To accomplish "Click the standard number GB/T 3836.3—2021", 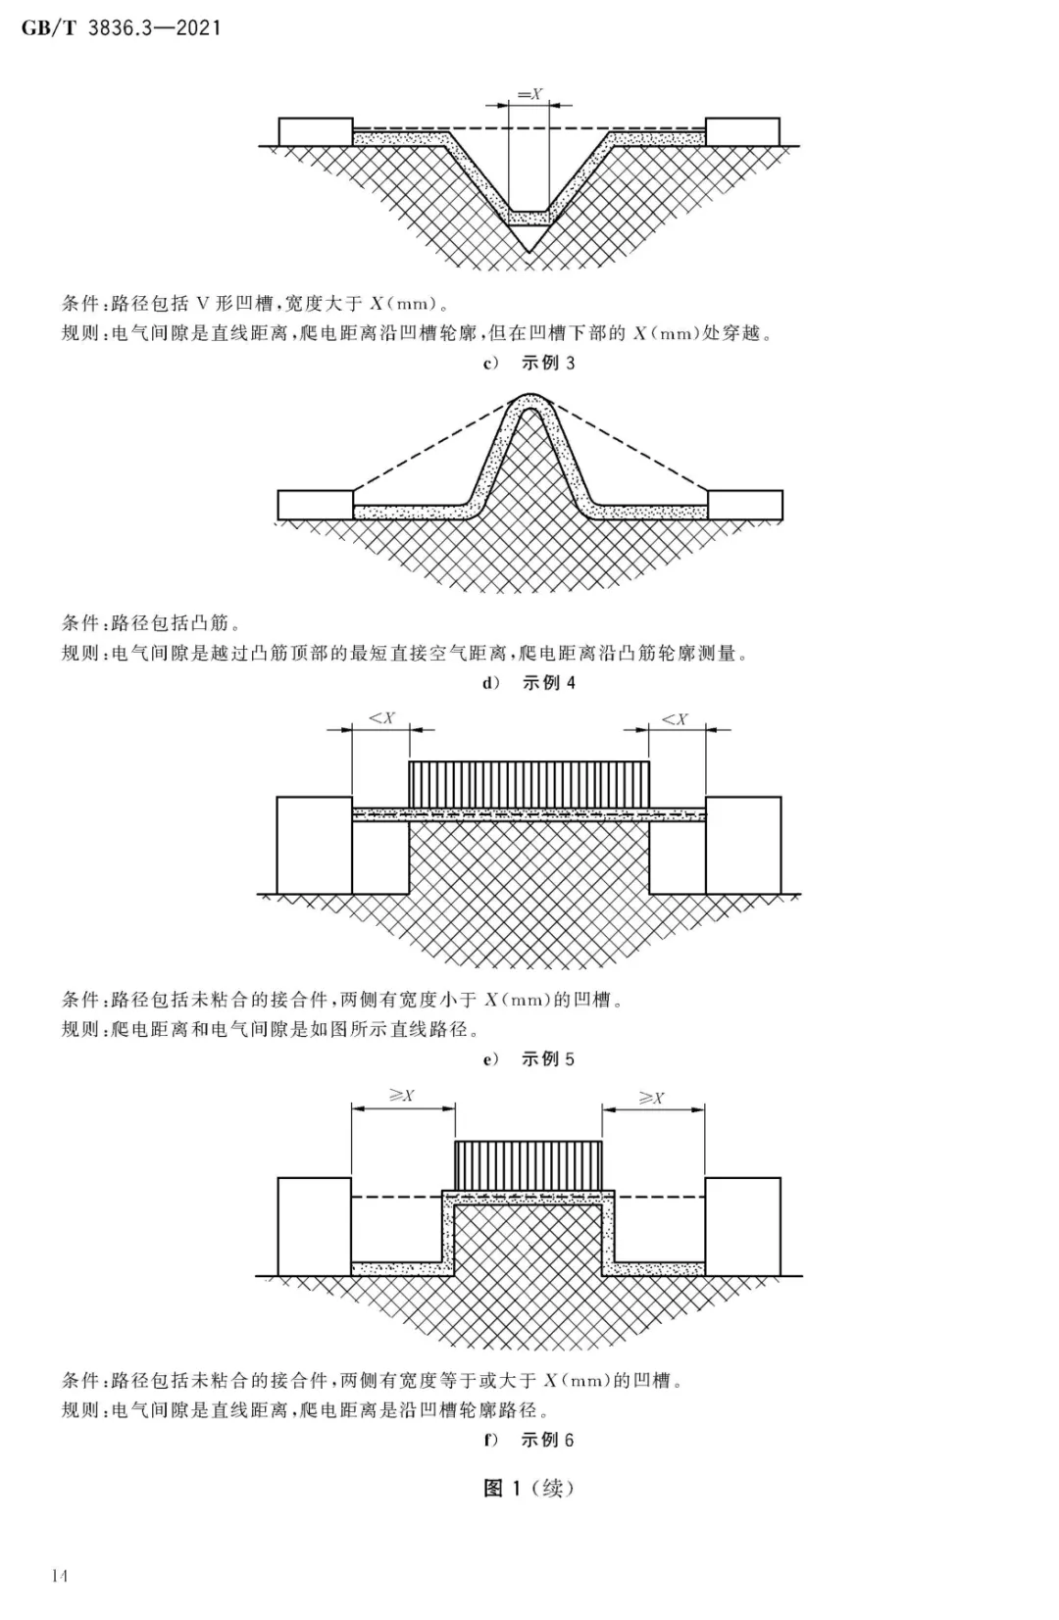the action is coord(120,28).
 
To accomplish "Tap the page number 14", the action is coord(59,1576).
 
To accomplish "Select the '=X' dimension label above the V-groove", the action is coord(529,94).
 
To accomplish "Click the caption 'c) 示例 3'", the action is coord(529,363).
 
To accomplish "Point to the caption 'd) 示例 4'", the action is coord(529,683).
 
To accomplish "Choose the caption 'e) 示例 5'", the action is coord(529,1058).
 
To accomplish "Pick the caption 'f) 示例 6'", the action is coord(529,1440).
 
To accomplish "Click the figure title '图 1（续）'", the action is coord(529,1488).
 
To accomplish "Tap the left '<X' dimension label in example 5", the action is coord(382,718).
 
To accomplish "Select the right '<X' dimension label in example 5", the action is coord(675,719).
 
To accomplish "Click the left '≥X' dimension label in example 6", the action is coord(402,1096).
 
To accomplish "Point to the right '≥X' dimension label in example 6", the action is coord(651,1098).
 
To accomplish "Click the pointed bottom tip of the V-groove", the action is coord(529,252).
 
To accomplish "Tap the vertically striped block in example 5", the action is coord(529,784).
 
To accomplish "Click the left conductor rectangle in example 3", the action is coord(316,131).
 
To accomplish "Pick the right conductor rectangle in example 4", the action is coord(745,505).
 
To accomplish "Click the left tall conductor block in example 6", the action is coord(315,1227).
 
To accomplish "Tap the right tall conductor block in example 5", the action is coord(743,846).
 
